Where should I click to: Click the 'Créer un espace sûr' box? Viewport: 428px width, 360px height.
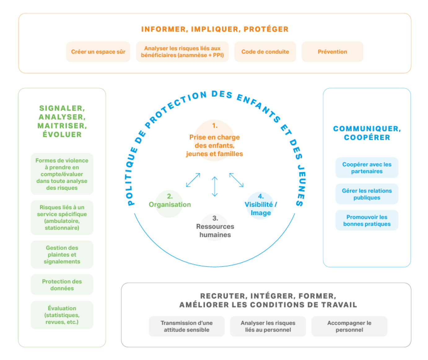[x=98, y=52]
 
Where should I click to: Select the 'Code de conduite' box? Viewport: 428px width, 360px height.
[x=265, y=52]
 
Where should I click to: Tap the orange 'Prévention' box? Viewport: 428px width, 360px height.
[x=332, y=52]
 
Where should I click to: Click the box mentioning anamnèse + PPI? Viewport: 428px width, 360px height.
[x=182, y=52]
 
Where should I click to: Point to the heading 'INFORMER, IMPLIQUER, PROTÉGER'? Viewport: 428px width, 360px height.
[x=215, y=29]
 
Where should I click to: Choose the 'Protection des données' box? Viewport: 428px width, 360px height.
[x=62, y=285]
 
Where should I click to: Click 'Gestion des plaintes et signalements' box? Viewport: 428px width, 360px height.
[x=62, y=254]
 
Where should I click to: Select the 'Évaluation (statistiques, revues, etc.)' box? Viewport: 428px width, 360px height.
[x=62, y=315]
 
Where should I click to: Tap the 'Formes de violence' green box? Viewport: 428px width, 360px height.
[x=62, y=174]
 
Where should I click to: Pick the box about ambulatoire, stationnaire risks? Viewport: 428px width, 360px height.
[x=62, y=217]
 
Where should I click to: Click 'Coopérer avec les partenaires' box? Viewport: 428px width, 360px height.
[x=367, y=168]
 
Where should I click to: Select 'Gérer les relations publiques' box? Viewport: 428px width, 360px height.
[x=367, y=194]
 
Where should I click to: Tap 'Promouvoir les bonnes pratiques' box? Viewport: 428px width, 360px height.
[x=367, y=220]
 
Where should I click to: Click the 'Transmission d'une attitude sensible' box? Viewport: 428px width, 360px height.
[x=186, y=326]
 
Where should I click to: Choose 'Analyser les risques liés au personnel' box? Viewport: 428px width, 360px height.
[x=268, y=326]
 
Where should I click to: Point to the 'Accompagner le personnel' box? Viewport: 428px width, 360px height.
[x=349, y=326]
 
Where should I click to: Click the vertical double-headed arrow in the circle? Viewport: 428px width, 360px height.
[x=215, y=186]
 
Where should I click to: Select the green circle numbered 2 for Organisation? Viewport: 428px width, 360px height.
[x=169, y=204]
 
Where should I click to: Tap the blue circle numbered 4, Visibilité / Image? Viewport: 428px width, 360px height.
[x=260, y=206]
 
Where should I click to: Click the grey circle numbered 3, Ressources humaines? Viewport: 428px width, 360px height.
[x=215, y=227]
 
